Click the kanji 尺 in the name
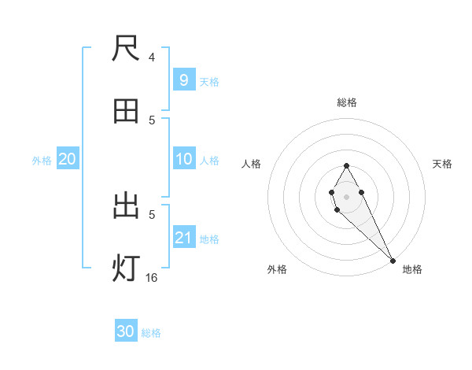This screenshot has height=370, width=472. pos(127,49)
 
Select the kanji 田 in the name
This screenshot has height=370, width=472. pos(127,111)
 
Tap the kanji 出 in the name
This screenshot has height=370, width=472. pos(127,206)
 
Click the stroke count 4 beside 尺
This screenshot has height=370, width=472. pos(152,57)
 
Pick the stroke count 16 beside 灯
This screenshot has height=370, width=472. pos(152,277)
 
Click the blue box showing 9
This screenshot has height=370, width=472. pos(183,80)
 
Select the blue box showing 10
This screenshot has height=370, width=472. pos(183,159)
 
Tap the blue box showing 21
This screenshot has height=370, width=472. pos(183,238)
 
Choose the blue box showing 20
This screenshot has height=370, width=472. pos(68,159)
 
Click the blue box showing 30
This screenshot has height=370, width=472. pos(126,331)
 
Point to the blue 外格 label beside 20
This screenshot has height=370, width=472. pos(42,161)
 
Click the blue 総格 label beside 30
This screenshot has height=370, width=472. pos(151,333)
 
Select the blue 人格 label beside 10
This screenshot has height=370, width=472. pos(209,161)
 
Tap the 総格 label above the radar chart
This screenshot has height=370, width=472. pos(347,102)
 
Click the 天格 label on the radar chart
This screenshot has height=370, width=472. pos(443,164)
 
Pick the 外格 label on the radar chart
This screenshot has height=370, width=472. pos(276,269)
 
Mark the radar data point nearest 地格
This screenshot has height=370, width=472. pos(393,260)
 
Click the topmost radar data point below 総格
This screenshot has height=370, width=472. pos(346,165)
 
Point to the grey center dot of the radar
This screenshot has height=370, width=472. pos(346,195)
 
